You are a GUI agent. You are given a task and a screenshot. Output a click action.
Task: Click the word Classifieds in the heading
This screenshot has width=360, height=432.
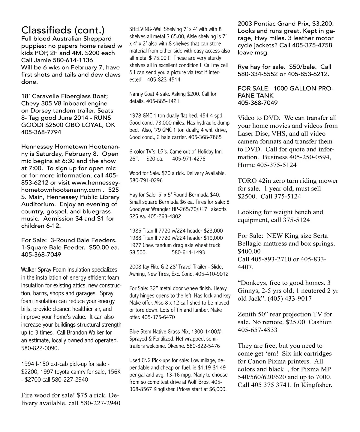(x=46, y=30)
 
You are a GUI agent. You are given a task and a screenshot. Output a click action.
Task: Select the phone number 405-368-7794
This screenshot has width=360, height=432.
(x=41, y=132)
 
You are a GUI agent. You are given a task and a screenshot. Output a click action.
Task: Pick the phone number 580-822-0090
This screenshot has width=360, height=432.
(x=40, y=348)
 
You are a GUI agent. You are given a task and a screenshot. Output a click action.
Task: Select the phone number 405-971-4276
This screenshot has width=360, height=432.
(x=189, y=159)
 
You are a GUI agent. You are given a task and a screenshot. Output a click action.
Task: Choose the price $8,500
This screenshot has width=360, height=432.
(x=138, y=252)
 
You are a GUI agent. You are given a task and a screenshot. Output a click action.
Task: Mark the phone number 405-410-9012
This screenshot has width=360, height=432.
(x=212, y=274)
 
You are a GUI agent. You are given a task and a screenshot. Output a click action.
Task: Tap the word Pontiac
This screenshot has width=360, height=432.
(x=265, y=24)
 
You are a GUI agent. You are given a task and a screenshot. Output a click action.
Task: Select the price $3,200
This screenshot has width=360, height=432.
(x=323, y=24)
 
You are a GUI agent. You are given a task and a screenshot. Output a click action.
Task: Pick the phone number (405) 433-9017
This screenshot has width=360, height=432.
(x=289, y=298)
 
